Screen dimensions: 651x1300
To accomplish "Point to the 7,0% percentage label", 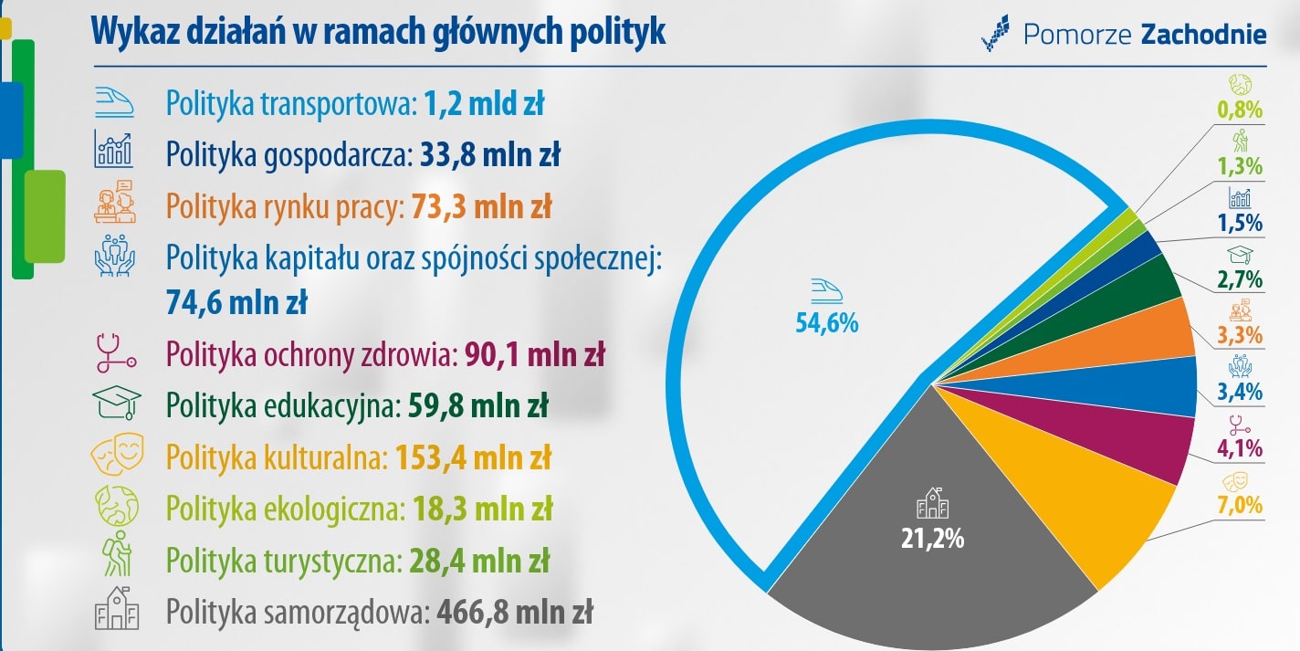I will (x=1239, y=504).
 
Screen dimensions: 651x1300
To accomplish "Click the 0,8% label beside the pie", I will (x=1239, y=110).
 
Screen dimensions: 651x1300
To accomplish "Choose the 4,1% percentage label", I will (x=1239, y=448).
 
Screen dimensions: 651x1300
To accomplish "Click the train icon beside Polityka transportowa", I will (x=113, y=103).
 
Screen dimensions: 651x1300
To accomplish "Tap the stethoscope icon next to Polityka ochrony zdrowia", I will (x=115, y=353).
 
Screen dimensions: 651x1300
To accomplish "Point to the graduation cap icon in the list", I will (x=115, y=404).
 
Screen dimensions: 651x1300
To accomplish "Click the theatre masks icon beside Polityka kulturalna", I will (x=115, y=456).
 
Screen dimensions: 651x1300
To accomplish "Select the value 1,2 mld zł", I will (x=484, y=104).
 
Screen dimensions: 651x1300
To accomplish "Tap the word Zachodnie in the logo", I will (x=1203, y=35).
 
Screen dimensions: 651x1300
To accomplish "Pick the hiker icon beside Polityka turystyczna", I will (x=117, y=557).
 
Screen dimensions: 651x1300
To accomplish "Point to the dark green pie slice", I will (x=1141, y=283).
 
